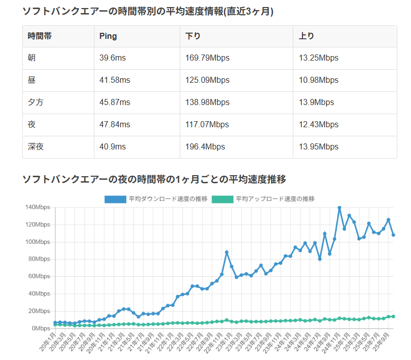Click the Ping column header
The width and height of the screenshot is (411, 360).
click(109, 36)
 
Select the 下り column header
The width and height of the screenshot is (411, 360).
click(193, 36)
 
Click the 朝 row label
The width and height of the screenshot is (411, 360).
click(32, 58)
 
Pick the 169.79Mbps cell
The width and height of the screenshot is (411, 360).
click(208, 58)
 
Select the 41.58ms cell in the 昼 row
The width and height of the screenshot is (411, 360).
click(115, 80)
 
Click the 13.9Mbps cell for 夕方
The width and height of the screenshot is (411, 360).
click(316, 102)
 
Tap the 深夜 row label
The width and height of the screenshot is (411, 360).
click(36, 147)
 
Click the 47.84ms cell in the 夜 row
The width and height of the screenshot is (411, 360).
click(115, 125)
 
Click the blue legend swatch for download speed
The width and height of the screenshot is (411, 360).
click(116, 199)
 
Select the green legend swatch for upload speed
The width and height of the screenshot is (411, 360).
click(223, 199)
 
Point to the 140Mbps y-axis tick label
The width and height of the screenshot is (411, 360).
click(38, 207)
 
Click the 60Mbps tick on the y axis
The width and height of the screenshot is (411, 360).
click(39, 276)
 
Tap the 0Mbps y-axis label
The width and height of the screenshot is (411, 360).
click(41, 328)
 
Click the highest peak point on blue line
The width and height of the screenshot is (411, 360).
click(339, 208)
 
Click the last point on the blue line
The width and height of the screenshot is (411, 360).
click(393, 235)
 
